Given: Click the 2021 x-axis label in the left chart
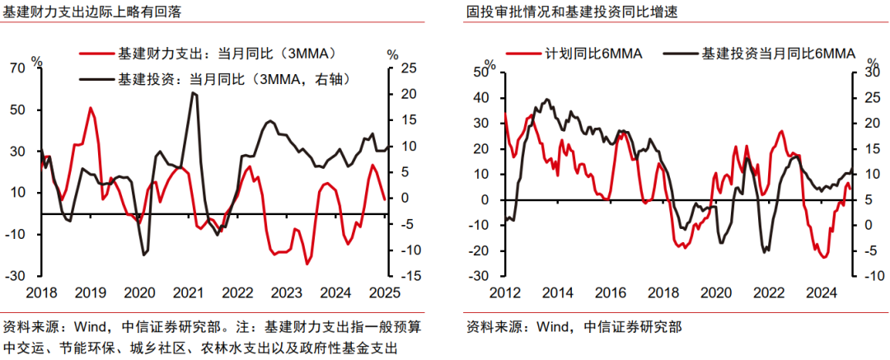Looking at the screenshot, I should [x=189, y=292].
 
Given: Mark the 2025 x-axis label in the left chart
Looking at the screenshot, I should [x=383, y=292].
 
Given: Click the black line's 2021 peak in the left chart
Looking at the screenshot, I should [x=193, y=93].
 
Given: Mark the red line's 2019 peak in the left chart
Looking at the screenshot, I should [x=91, y=108].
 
